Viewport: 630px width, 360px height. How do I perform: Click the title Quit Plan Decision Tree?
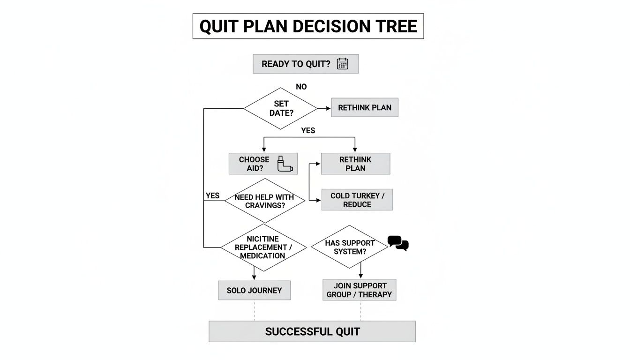click(x=308, y=26)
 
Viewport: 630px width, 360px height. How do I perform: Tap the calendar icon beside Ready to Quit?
click(x=342, y=64)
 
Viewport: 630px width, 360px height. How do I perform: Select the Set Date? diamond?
click(x=280, y=108)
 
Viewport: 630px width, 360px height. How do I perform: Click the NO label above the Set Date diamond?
click(x=301, y=87)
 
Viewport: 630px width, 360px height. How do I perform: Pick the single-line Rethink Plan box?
click(x=365, y=107)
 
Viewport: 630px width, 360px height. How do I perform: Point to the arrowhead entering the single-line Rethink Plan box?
click(x=328, y=108)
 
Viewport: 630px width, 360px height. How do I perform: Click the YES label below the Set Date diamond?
click(x=308, y=130)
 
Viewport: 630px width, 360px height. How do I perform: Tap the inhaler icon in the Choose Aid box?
click(x=285, y=164)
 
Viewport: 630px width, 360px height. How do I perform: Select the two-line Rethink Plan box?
click(x=355, y=164)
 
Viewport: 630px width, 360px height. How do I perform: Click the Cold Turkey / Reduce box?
click(x=357, y=200)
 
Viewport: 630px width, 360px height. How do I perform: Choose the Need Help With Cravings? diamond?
click(x=265, y=201)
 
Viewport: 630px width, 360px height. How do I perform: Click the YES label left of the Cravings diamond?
click(x=212, y=195)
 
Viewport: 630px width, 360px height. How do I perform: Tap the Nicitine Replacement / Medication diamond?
click(x=263, y=247)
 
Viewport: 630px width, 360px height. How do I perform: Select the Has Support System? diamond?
click(x=350, y=247)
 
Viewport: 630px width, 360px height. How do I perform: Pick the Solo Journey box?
click(x=254, y=290)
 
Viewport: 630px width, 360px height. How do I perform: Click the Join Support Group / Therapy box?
click(x=360, y=290)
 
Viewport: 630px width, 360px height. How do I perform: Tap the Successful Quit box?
click(x=312, y=331)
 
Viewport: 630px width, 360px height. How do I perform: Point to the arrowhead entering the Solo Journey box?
click(x=254, y=277)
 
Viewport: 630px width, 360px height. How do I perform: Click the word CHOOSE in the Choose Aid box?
click(x=254, y=159)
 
